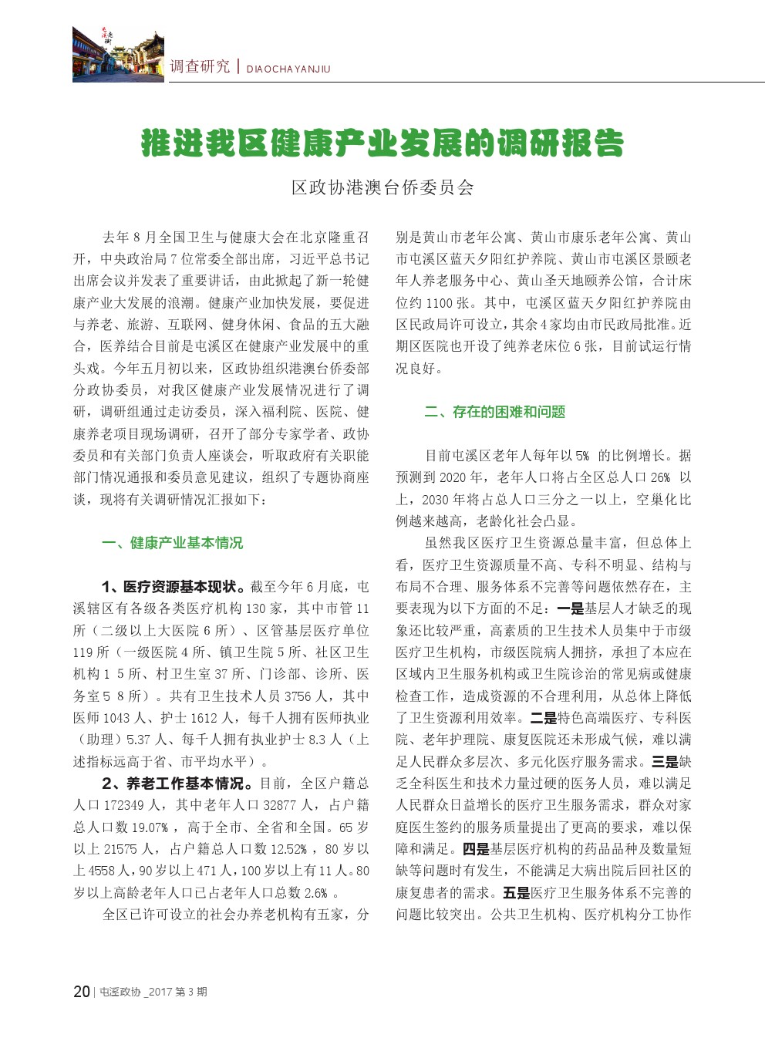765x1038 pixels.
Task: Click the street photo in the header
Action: click(118, 54)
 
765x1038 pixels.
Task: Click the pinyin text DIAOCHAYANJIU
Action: click(288, 69)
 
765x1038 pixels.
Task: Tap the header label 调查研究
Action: click(200, 67)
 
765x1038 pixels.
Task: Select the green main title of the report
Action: click(382, 143)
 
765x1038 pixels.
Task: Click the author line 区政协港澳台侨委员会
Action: click(382, 187)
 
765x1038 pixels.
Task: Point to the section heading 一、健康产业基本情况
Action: click(172, 543)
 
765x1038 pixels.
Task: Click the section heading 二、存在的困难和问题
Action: click(494, 412)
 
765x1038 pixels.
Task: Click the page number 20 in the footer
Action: click(82, 992)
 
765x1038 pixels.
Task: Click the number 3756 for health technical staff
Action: click(298, 696)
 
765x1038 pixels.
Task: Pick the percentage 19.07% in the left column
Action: click(150, 827)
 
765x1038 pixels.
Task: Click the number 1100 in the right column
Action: click(440, 303)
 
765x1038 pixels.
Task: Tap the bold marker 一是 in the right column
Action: click(571, 608)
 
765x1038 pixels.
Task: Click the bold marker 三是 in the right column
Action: click(665, 762)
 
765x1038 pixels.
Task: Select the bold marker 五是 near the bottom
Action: click(516, 893)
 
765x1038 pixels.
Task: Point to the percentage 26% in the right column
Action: click(661, 478)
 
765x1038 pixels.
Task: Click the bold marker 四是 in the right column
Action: click(476, 849)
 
